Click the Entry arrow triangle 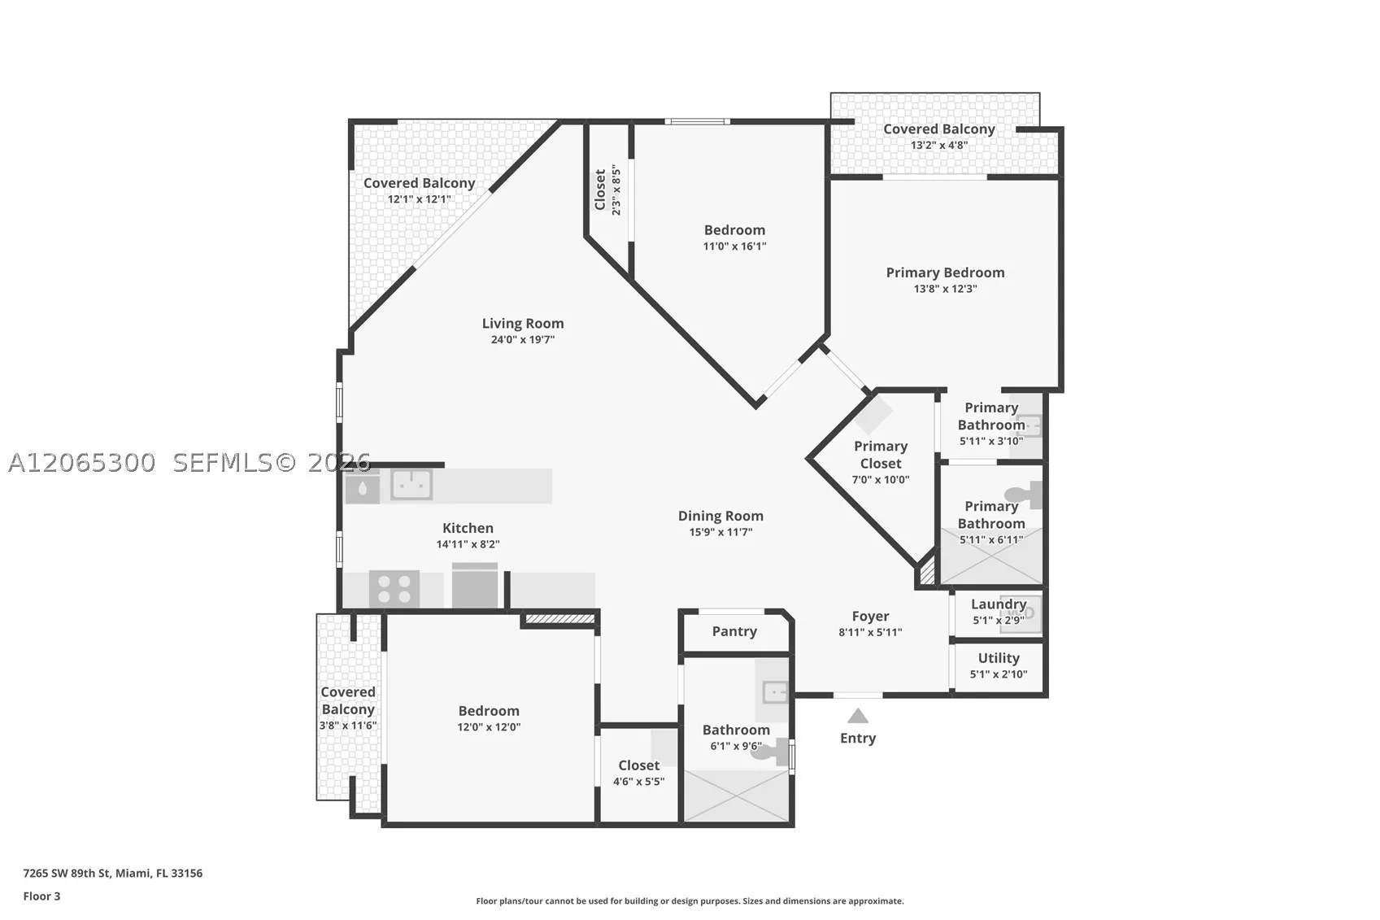coord(858,716)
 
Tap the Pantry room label coord(734,631)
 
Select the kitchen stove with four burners coord(394,588)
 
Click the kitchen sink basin coord(411,484)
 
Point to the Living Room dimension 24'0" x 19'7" coord(522,339)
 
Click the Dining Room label coord(720,516)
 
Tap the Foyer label coord(870,617)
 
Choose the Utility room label coord(999,658)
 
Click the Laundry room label coord(999,604)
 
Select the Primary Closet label coord(881,455)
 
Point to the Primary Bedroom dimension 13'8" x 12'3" coord(945,289)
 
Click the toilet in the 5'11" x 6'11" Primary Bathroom coord(1023,495)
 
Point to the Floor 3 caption coord(42,896)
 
